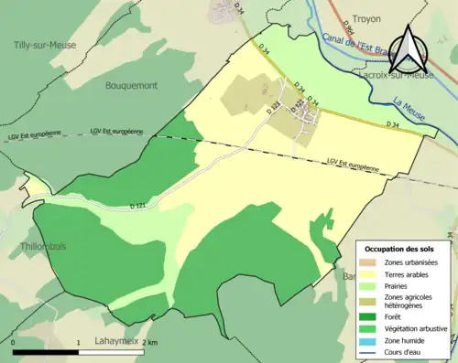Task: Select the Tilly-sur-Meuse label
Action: (x=45, y=45)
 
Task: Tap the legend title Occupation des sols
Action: (x=401, y=248)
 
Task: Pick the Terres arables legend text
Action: (x=409, y=272)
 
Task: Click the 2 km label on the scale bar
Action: (x=151, y=342)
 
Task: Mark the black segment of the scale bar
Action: (x=46, y=351)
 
